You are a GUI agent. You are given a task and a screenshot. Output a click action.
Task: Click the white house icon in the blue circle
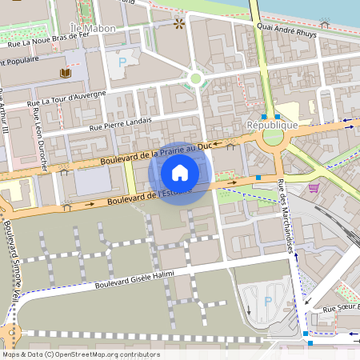point(180,173)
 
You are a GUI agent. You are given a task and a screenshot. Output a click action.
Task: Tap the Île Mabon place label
point(93,28)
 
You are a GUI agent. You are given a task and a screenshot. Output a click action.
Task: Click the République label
point(272,125)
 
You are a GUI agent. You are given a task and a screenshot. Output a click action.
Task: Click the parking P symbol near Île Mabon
point(122,62)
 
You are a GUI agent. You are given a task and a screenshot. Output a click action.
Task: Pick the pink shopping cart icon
point(313,188)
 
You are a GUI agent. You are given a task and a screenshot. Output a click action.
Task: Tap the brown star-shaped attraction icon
point(178,26)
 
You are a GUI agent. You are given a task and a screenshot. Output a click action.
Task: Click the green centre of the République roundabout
point(273,138)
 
